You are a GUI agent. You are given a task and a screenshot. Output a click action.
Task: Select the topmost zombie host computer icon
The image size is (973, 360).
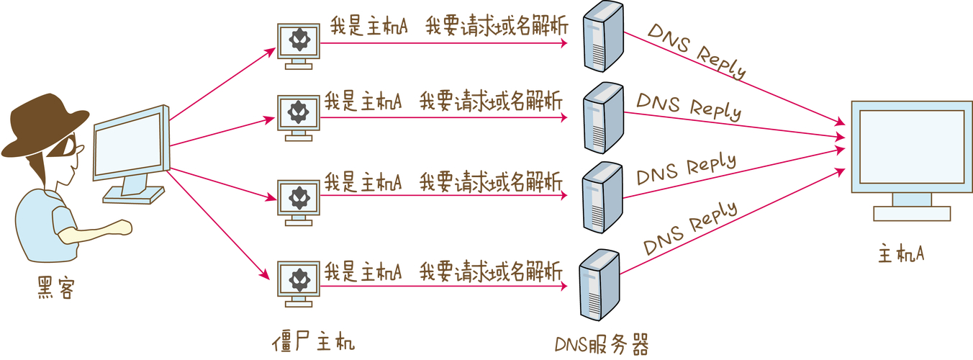pyautogui.click(x=298, y=44)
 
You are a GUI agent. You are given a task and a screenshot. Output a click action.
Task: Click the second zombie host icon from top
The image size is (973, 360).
pyautogui.click(x=298, y=115)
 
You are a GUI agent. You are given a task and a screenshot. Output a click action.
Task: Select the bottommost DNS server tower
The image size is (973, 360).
pyautogui.click(x=599, y=285)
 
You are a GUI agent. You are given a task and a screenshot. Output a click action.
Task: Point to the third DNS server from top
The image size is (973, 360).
pyautogui.click(x=602, y=196)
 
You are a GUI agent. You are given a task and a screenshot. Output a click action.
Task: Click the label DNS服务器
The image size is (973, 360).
pyautogui.click(x=602, y=345)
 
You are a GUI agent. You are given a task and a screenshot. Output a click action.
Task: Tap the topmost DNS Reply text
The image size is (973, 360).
pyautogui.click(x=697, y=50)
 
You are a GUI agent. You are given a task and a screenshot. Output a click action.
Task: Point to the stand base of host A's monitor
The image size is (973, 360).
pyautogui.click(x=912, y=213)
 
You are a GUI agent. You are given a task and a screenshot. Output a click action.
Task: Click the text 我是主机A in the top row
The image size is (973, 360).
pyautogui.click(x=369, y=26)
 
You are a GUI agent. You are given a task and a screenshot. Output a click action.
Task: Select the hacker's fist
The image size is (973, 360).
pyautogui.click(x=123, y=228)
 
